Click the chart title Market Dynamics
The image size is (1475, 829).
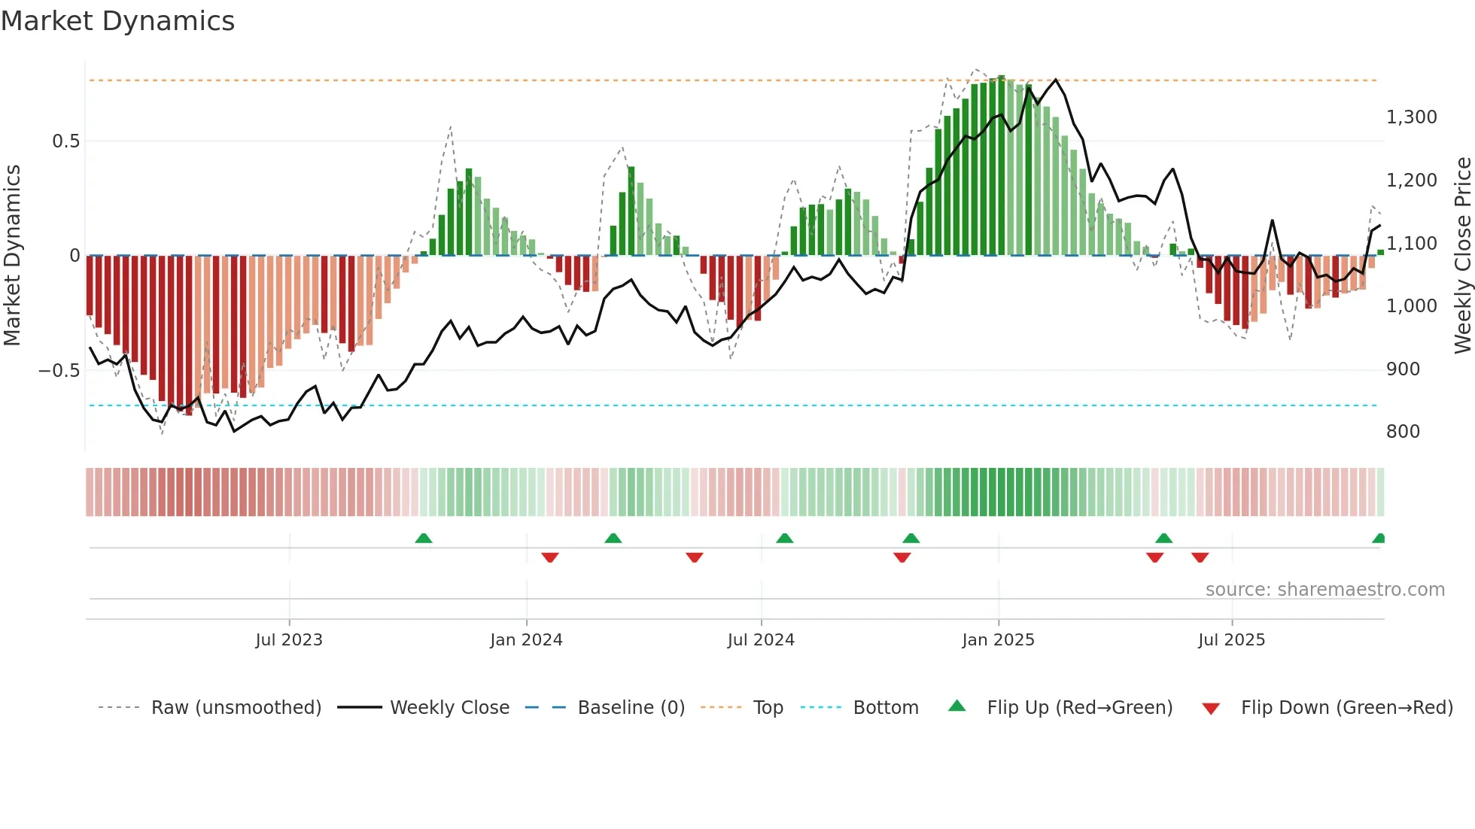tap(117, 21)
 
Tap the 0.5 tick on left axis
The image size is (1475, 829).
tap(65, 141)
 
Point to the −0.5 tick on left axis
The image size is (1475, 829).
tap(59, 371)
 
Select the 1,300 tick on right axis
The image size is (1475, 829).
tap(1411, 117)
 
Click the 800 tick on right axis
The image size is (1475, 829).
tap(1403, 432)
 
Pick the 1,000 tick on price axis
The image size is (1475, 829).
tap(1411, 306)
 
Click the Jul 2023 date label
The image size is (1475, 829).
tap(289, 640)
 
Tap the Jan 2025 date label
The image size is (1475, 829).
tap(998, 640)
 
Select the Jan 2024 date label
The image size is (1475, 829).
tap(526, 640)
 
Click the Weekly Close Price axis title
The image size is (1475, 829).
tap(1462, 256)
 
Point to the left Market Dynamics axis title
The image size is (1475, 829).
tap(13, 256)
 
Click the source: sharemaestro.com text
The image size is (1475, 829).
tap(1324, 590)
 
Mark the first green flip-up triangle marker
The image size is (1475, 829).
tap(424, 538)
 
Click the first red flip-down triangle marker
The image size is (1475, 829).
tap(550, 557)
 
